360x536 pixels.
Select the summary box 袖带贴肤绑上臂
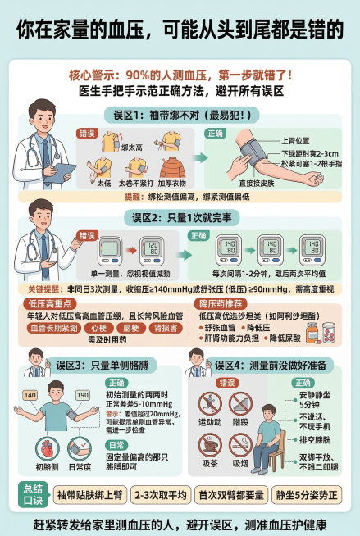[x=89, y=494]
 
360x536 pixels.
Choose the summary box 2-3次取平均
[x=159, y=494]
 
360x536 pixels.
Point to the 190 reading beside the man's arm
[x=83, y=396]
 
